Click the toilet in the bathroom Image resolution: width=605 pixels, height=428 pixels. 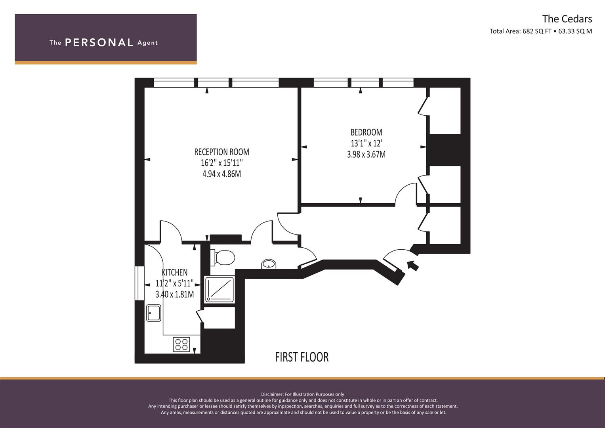(x=222, y=257)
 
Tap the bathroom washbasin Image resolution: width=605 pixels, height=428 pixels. (x=269, y=264)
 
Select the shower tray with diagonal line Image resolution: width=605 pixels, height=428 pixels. (x=219, y=289)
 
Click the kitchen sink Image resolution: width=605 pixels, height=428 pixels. (x=154, y=313)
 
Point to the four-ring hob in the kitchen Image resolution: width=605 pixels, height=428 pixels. (x=181, y=344)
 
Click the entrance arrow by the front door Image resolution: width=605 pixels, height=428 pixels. (x=413, y=266)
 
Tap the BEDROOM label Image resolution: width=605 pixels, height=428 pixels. (x=366, y=132)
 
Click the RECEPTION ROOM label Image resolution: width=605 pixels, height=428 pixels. (x=222, y=152)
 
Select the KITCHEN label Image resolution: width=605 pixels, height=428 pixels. (x=174, y=272)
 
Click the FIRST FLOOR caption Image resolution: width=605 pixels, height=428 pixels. (x=302, y=357)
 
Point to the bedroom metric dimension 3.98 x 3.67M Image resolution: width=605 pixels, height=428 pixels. (x=366, y=154)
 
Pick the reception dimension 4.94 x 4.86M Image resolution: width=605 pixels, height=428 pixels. (x=222, y=174)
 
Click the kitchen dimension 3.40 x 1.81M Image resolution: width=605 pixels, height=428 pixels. (x=174, y=294)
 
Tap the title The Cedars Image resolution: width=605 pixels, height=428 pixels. (x=567, y=19)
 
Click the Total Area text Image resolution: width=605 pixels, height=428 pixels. (x=541, y=31)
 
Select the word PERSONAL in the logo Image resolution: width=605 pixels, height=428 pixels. (x=99, y=42)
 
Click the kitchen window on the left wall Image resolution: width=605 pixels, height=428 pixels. (x=139, y=283)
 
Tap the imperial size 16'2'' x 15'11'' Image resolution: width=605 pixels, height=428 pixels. (x=222, y=163)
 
